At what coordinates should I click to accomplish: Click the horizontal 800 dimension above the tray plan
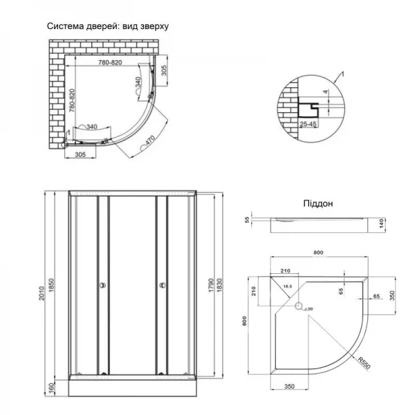(x=318, y=254)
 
